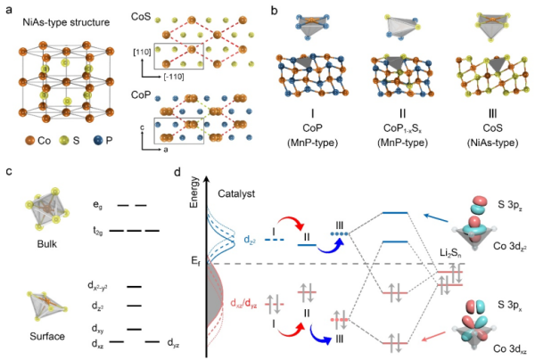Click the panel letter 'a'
click(5, 8)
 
